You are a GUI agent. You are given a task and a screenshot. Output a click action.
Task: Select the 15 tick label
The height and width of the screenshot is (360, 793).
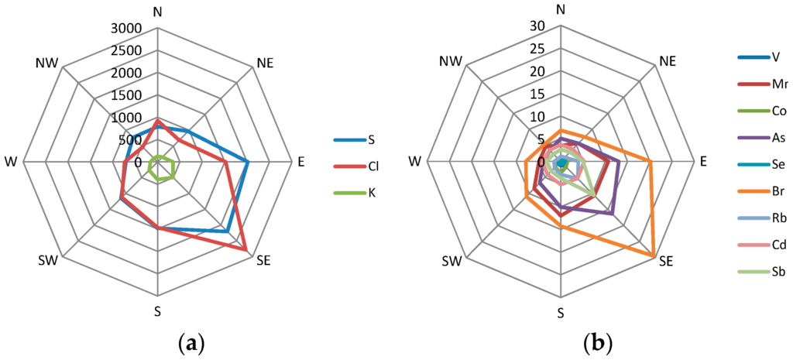click(x=538, y=94)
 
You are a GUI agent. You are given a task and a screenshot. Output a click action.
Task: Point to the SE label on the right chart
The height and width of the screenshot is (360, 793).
click(x=666, y=262)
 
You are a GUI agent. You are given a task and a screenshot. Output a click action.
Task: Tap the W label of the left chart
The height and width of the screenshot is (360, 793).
click(x=11, y=162)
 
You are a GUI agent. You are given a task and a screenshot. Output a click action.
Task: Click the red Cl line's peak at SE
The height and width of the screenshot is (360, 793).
click(x=247, y=251)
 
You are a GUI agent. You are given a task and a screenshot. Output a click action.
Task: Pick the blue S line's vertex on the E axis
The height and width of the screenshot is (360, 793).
click(x=248, y=162)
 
